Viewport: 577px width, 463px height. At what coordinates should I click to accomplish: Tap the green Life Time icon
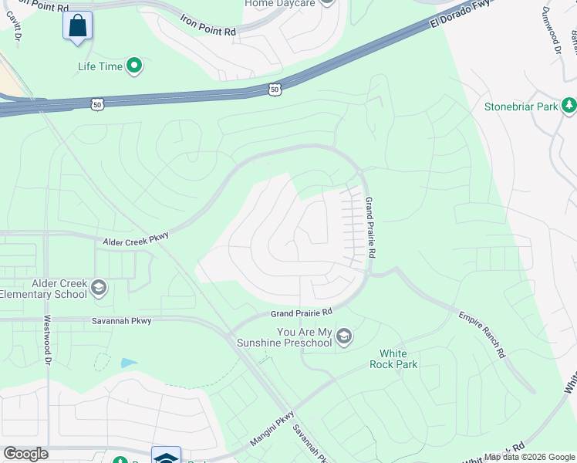[x=135, y=66]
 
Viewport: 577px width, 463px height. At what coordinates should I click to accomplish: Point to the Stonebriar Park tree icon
[x=569, y=104]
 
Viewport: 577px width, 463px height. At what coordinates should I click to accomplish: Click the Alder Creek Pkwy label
[x=136, y=242]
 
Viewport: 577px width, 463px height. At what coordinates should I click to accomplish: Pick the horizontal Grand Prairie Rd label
[x=301, y=313]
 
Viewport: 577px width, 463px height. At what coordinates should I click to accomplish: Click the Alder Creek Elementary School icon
[x=98, y=289]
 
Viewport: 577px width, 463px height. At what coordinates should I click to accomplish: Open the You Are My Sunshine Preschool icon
[x=344, y=336]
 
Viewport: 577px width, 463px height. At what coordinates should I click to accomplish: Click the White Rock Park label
[x=393, y=359]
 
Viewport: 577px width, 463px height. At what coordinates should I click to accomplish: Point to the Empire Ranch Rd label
[x=481, y=334]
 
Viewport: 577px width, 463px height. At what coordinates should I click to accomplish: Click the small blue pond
[x=128, y=363]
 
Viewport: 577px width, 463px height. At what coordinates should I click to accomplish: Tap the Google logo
[x=25, y=454]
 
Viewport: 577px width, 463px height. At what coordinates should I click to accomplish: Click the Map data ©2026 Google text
[x=528, y=457]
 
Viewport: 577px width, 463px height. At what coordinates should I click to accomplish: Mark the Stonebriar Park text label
[x=521, y=107]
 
